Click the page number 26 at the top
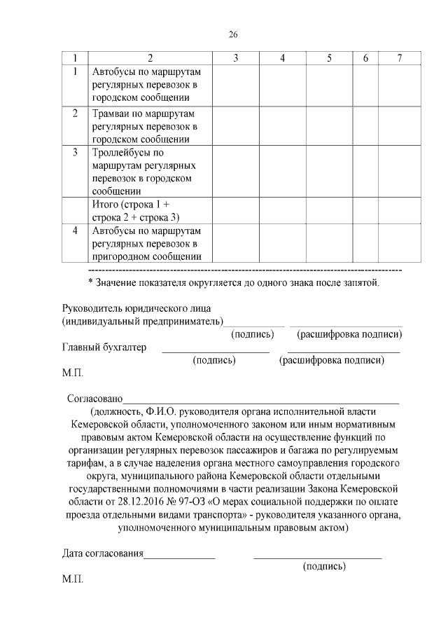(234, 36)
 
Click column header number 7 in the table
(399, 58)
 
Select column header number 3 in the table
(236, 58)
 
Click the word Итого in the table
(105, 204)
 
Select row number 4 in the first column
(75, 230)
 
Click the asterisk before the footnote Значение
(90, 282)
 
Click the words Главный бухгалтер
(104, 347)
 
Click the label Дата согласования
(102, 553)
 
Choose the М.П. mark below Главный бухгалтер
(72, 373)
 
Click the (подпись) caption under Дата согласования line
(324, 566)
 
